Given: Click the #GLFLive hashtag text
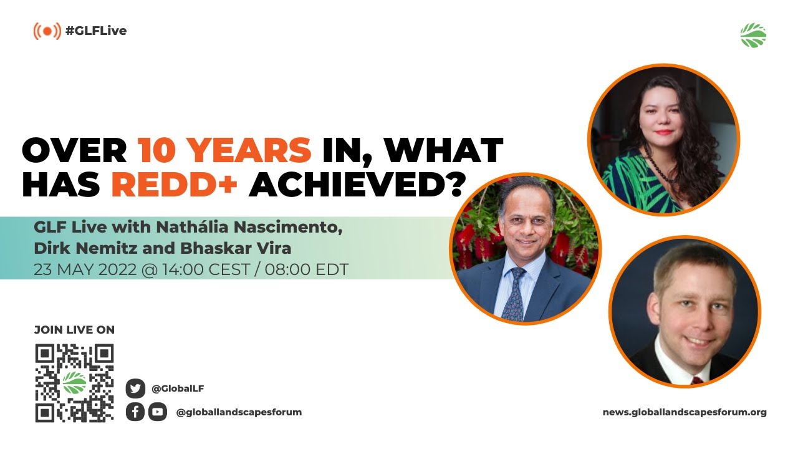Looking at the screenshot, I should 95,31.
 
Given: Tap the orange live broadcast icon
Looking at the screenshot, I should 47,31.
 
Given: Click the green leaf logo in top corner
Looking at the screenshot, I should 753,36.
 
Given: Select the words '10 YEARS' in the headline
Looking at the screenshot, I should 224,150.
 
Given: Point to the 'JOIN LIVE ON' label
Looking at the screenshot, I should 74,330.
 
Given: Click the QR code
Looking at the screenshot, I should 74,382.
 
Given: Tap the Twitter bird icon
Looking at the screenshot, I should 135,388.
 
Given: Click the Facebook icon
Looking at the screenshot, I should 135,412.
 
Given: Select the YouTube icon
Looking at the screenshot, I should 158,412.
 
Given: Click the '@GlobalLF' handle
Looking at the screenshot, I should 178,389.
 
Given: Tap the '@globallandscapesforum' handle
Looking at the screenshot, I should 239,412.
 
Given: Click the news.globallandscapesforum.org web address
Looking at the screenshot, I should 685,412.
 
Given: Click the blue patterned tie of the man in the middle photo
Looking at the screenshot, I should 514,296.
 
